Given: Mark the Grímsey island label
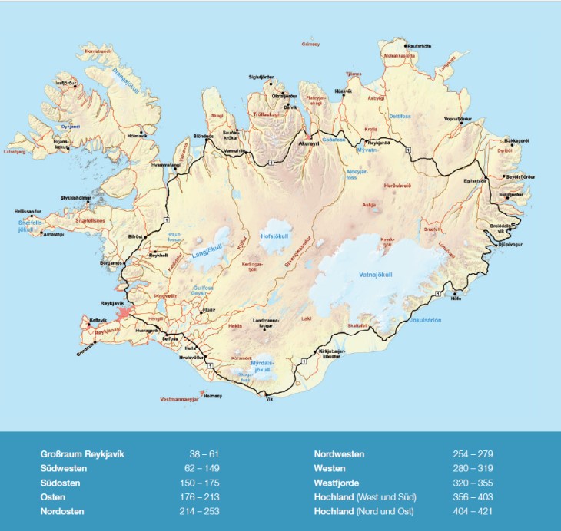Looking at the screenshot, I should click(x=310, y=45).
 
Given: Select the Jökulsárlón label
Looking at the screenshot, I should click(x=424, y=321).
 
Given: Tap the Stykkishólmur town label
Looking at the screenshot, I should click(x=76, y=198).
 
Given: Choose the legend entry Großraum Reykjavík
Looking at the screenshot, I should click(x=81, y=454).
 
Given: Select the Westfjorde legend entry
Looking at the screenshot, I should click(x=338, y=482).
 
